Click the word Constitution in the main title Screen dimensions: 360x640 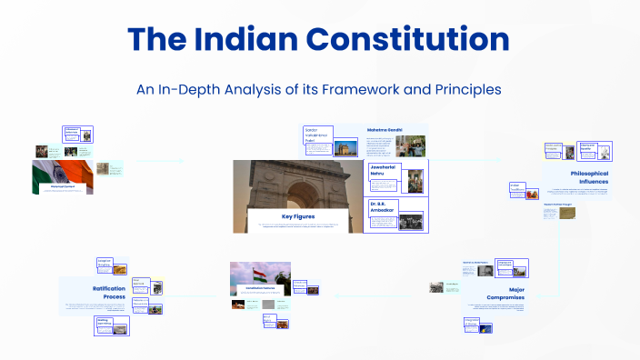(405, 39)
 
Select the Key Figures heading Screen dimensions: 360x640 (297, 217)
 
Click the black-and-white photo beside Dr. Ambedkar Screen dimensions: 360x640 (410, 221)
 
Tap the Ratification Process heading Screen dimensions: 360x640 (102, 293)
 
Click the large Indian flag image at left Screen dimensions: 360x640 (63, 176)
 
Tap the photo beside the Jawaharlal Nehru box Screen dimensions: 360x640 (415, 179)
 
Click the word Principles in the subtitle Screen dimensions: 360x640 (464, 91)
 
